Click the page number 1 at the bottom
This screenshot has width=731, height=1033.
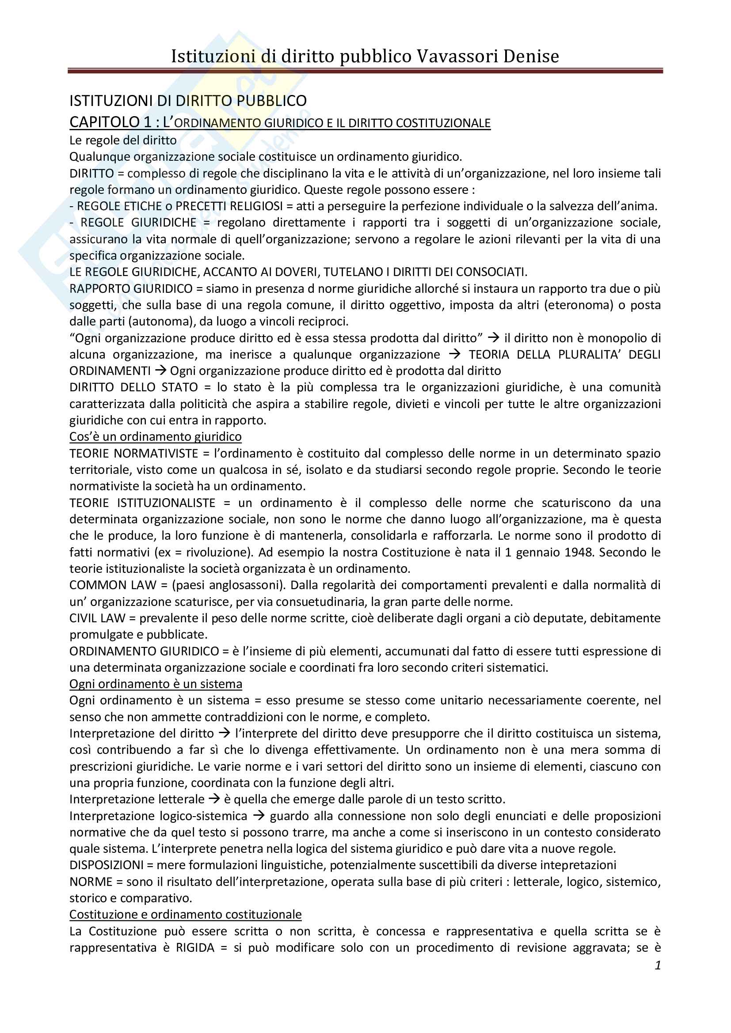pos(658,965)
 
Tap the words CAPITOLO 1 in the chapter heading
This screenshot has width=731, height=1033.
pos(110,122)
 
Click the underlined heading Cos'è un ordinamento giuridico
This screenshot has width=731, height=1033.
pos(155,436)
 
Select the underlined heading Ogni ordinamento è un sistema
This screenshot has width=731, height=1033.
pos(155,684)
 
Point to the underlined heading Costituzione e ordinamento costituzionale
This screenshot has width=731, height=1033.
pos(186,915)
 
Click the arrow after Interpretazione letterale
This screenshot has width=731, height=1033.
pos(214,799)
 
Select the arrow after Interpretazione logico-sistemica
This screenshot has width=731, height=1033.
pos(259,816)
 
